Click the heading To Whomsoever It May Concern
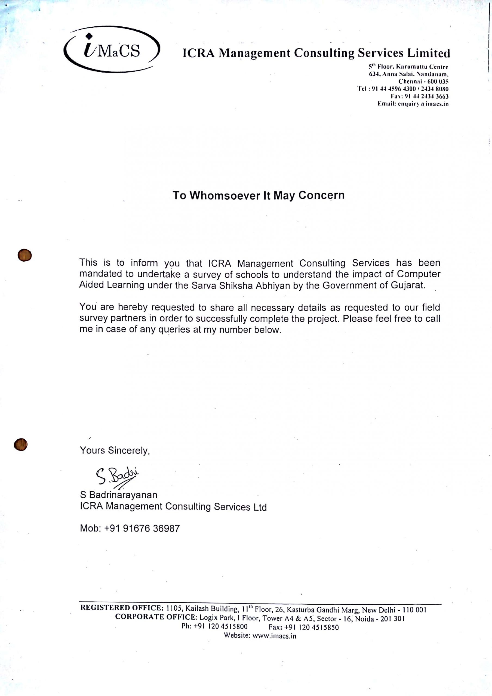pyautogui.click(x=259, y=195)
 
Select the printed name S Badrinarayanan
pyautogui.click(x=119, y=495)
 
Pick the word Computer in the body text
pyautogui.click(x=418, y=274)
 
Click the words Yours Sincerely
pyautogui.click(x=115, y=450)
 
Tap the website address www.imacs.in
pyautogui.click(x=274, y=636)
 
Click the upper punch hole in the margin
pyautogui.click(x=24, y=255)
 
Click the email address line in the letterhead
pyautogui.click(x=413, y=104)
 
